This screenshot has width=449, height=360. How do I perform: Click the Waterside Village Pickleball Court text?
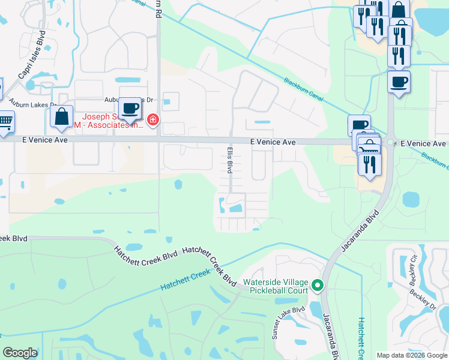pyautogui.click(x=276, y=286)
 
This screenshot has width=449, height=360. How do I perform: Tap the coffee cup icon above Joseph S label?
pyautogui.click(x=130, y=108)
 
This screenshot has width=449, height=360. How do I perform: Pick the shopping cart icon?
pyautogui.click(x=5, y=122)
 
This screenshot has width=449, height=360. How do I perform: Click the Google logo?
pyautogui.click(x=20, y=353)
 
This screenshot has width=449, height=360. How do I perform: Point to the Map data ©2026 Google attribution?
pyautogui.click(x=412, y=355)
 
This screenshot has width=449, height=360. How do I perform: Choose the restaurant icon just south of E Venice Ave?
pyautogui.click(x=369, y=163)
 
